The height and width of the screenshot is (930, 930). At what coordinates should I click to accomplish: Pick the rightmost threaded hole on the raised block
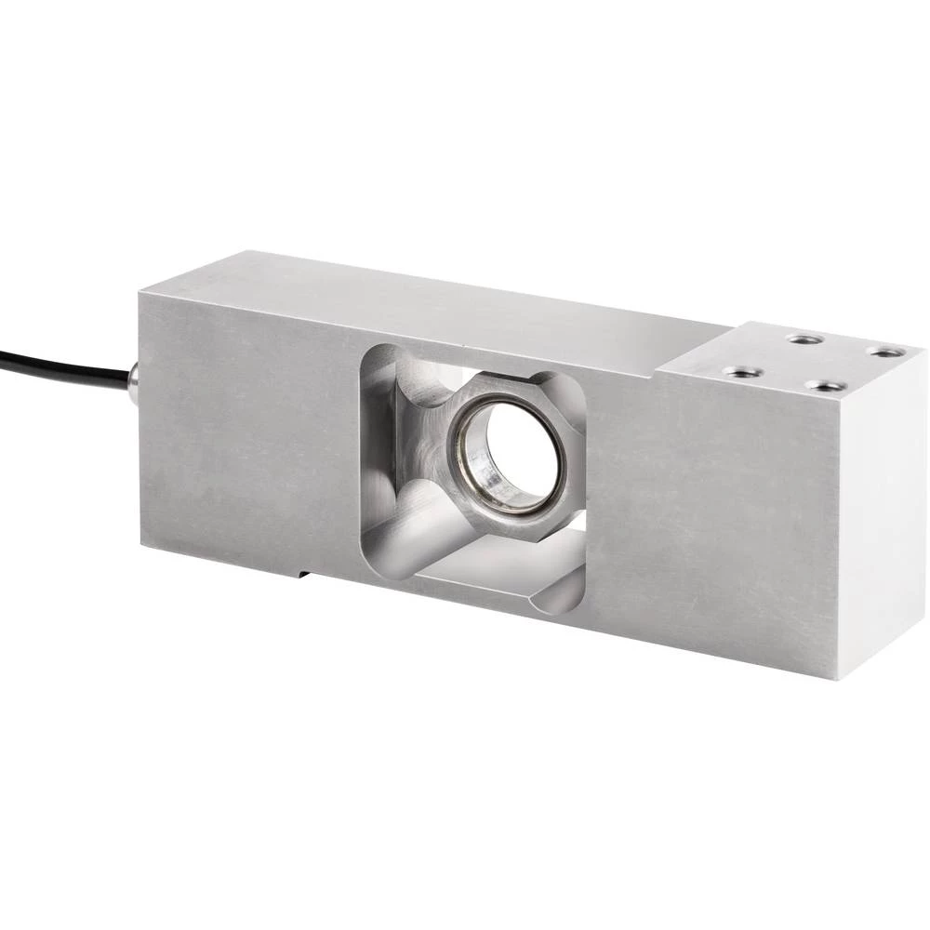[x=885, y=352]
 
